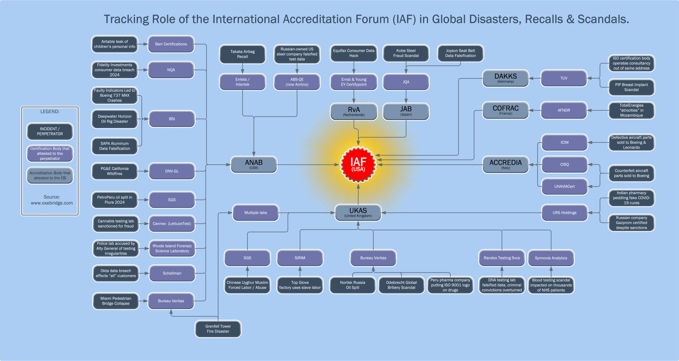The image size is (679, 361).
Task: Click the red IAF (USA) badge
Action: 358,165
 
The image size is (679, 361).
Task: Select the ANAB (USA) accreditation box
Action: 254,164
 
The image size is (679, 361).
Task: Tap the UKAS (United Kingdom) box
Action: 358,212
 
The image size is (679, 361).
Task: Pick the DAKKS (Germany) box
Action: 506,78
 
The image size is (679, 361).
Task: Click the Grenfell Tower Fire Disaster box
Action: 218,329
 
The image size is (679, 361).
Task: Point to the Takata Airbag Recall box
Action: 242,54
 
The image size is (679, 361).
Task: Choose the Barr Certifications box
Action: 171,44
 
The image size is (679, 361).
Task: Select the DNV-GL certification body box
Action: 172,171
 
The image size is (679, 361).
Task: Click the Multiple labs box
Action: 256,212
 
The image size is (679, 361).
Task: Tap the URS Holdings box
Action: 564,212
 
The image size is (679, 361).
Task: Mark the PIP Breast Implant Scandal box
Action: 631,87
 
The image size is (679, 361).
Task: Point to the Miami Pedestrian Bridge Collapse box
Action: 116,301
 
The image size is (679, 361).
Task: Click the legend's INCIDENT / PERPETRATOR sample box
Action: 50,131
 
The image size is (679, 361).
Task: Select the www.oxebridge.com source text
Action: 52,203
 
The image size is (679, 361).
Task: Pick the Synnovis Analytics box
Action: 551,258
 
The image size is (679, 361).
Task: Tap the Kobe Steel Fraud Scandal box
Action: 406,53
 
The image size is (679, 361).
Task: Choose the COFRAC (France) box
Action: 506,110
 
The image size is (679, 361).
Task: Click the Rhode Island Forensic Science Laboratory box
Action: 172,248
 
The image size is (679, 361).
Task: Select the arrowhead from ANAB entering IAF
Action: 337,165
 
